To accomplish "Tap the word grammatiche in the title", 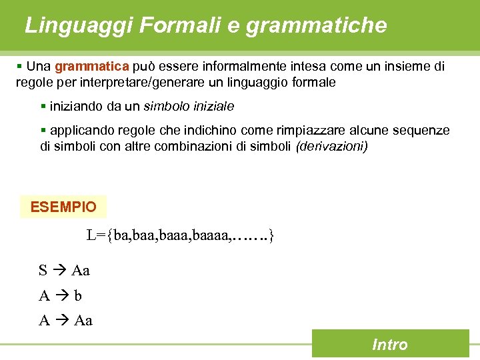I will pyautogui.click(x=316, y=25).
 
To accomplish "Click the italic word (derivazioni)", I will pyautogui.click(x=332, y=145).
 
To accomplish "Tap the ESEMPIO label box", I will pyautogui.click(x=63, y=207).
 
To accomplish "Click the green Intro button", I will pyautogui.click(x=390, y=344).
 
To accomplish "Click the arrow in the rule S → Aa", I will pyautogui.click(x=59, y=271).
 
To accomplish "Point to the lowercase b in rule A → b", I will pyautogui.click(x=78, y=295).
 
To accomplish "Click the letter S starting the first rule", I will pyautogui.click(x=43, y=271).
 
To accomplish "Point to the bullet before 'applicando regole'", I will pyautogui.click(x=43, y=130).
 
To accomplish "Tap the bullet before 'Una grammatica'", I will pyautogui.click(x=20, y=67).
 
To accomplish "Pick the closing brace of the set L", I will pyautogui.click(x=271, y=235).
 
